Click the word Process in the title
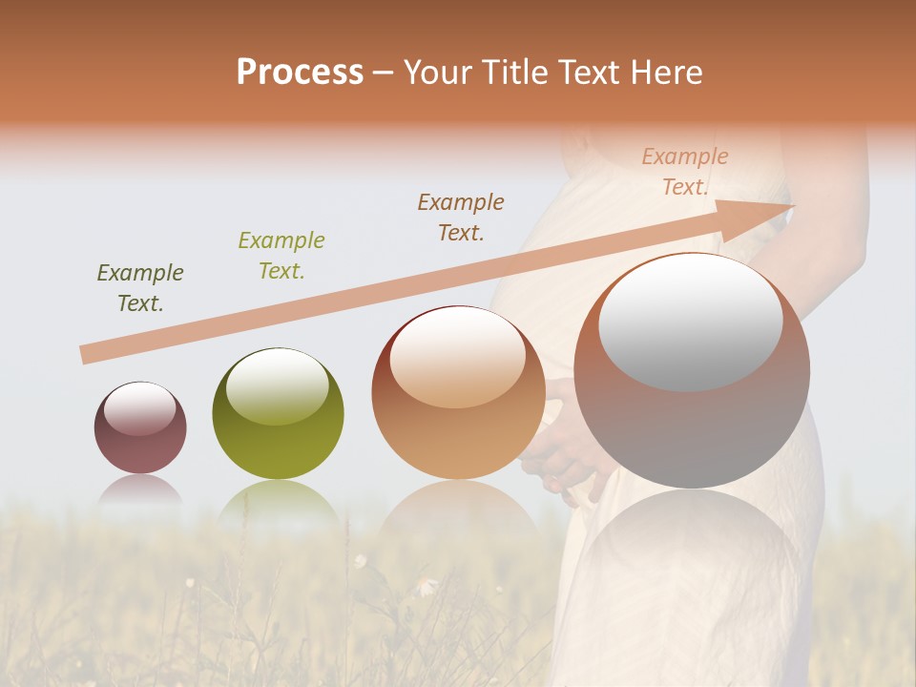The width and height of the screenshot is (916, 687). pos(300,73)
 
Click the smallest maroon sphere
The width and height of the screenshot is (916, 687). pos(140,428)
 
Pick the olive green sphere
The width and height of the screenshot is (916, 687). pos(278,414)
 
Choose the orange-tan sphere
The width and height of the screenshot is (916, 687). pos(458,392)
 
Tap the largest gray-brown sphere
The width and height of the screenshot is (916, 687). pos(692,371)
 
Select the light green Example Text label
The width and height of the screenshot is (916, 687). pos(281,256)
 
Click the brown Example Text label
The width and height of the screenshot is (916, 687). pos(461,217)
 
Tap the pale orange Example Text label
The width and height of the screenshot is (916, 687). pos(685,172)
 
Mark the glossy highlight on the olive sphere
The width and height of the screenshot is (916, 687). pos(277,385)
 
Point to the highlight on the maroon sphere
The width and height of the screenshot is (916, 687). pos(139,409)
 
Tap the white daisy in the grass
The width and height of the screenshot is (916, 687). pos(424,583)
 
